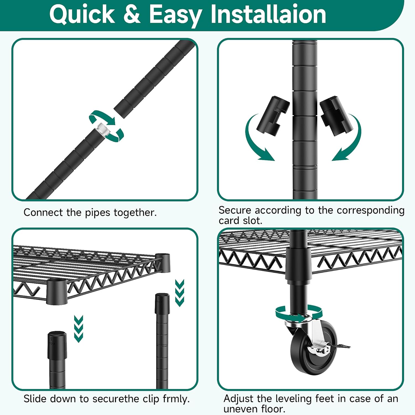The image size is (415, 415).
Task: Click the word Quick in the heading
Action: tap(82, 14)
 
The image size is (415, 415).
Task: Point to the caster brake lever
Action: tap(339, 346)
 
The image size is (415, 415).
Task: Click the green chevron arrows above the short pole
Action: tap(79, 329)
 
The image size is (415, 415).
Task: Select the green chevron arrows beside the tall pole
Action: tap(180, 293)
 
